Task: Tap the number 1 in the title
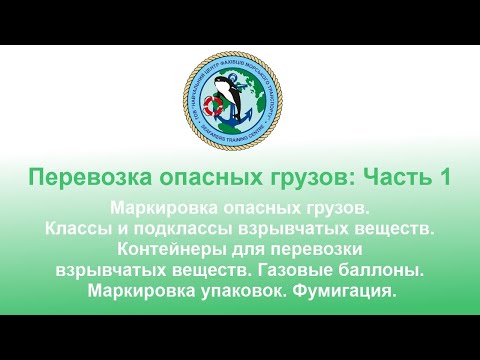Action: click(x=414, y=179)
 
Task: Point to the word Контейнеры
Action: click(x=170, y=250)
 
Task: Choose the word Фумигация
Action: click(x=347, y=291)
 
